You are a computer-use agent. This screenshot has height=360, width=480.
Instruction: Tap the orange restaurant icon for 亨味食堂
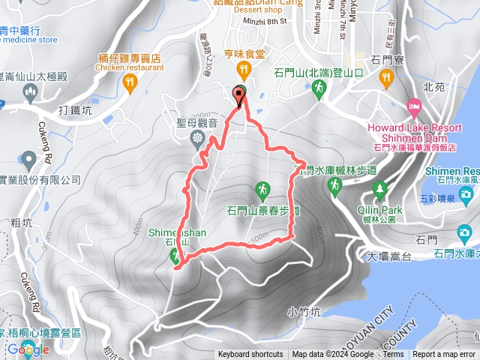click(x=242, y=70)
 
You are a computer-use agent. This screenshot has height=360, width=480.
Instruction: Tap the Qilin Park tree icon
click(x=379, y=187)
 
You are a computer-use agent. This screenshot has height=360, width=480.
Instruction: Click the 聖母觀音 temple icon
click(x=197, y=138)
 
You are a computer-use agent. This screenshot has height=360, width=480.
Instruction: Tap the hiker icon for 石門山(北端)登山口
click(x=320, y=88)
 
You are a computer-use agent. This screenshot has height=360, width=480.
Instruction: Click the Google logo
click(x=28, y=349)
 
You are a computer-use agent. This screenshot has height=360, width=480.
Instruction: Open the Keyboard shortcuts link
click(x=250, y=355)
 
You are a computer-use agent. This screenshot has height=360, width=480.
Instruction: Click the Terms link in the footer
click(x=393, y=355)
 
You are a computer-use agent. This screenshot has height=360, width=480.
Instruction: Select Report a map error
click(x=444, y=355)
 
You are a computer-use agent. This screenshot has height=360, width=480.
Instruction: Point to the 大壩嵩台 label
click(x=385, y=257)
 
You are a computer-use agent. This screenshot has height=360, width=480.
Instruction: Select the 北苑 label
click(x=433, y=86)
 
